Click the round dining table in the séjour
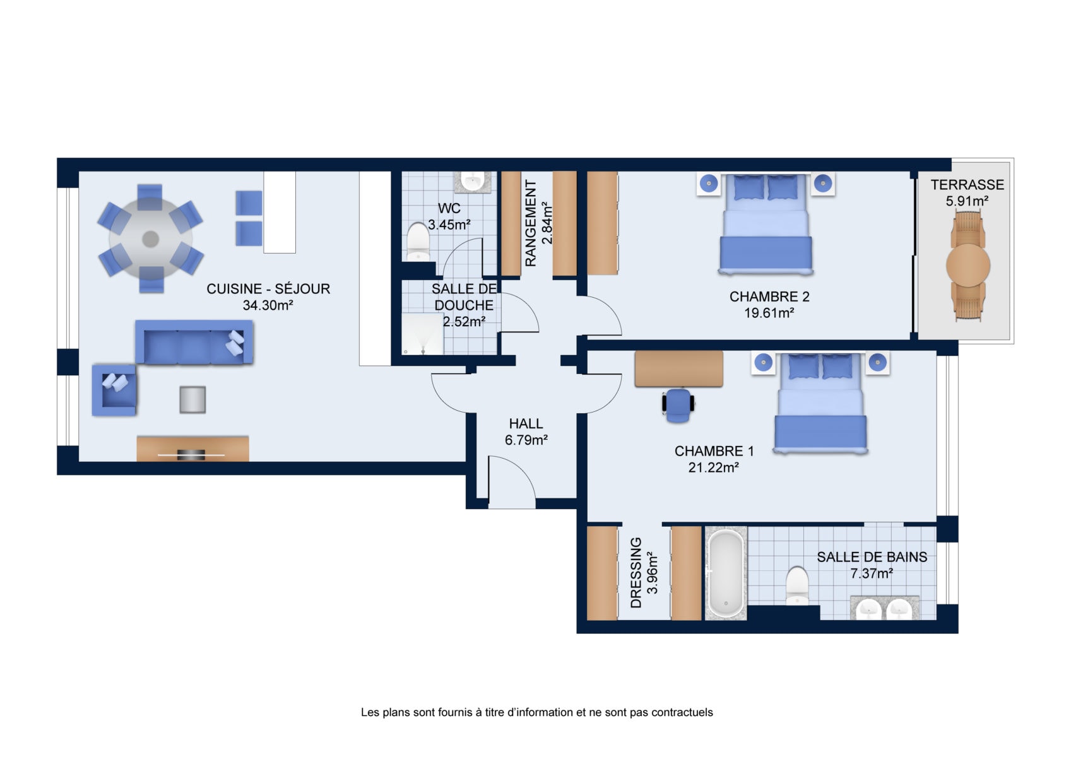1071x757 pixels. (x=151, y=238)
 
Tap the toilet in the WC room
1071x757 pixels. (x=418, y=242)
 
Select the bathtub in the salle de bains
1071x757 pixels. (x=726, y=573)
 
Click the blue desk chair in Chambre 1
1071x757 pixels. (x=678, y=405)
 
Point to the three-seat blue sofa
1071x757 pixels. (x=194, y=342)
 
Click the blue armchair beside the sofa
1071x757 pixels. (x=114, y=389)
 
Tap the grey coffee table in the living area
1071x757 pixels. (x=192, y=399)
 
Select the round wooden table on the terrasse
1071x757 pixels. (x=968, y=266)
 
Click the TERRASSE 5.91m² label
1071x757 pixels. (x=967, y=192)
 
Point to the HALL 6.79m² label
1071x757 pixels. (x=526, y=431)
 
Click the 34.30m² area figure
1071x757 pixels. (x=268, y=305)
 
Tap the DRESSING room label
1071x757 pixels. (x=636, y=572)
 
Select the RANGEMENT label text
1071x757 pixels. (x=531, y=223)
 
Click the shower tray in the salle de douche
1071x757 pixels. (x=422, y=334)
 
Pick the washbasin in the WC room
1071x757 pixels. (x=473, y=182)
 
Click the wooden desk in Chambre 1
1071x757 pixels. (x=679, y=368)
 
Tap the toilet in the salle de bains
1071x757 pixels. (x=797, y=585)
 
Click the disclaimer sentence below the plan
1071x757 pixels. (x=536, y=713)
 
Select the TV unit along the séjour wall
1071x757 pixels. (x=192, y=449)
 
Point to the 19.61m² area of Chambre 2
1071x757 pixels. (x=769, y=313)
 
